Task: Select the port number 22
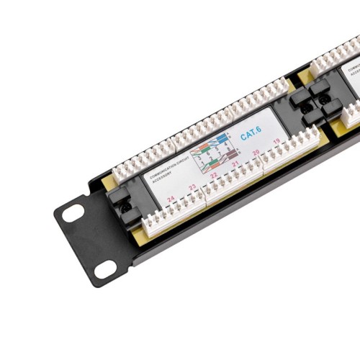(214, 176)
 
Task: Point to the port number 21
(235, 165)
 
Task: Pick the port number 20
(256, 153)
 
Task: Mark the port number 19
(276, 142)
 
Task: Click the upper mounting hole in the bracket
(73, 213)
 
